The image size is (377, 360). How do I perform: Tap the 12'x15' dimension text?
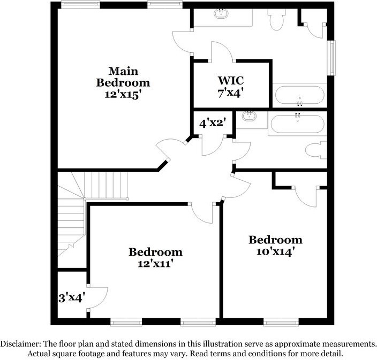tap(123, 95)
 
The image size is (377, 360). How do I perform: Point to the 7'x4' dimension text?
tap(231, 91)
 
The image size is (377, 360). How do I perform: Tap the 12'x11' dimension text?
tap(155, 263)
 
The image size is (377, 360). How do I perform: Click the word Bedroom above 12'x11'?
tap(155, 252)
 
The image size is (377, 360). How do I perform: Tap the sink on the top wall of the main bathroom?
tap(222, 13)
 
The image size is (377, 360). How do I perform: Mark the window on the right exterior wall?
tap(333, 57)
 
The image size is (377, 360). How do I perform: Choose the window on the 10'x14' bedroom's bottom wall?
tap(281, 322)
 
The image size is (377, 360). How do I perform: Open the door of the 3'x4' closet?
tap(96, 297)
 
